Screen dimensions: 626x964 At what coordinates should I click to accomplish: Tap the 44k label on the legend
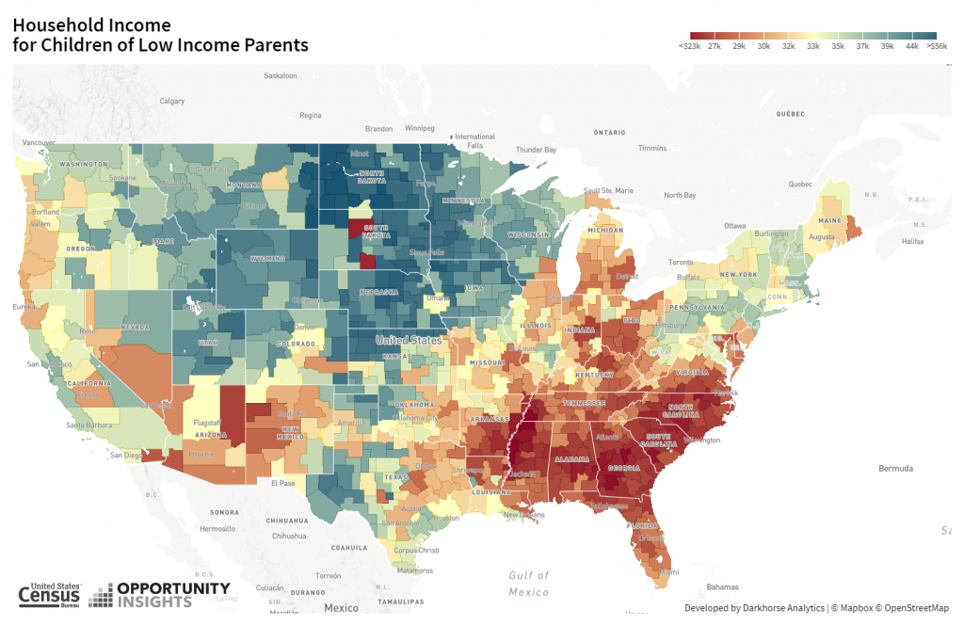tap(911, 45)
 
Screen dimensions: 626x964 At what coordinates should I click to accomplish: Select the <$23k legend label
tap(689, 45)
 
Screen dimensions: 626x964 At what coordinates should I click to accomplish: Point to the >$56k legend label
tap(938, 45)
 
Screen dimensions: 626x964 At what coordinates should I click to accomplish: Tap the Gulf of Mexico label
tap(527, 584)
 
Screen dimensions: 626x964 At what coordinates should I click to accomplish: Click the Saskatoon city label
tap(281, 75)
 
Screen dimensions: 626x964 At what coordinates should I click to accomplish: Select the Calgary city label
tap(172, 101)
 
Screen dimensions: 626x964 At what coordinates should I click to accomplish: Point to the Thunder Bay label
tap(536, 150)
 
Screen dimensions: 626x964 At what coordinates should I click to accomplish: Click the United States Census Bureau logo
tap(49, 593)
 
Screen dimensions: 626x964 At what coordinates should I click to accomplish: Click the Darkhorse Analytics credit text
tap(754, 608)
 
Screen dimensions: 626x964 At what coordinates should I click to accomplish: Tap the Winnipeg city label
tap(420, 127)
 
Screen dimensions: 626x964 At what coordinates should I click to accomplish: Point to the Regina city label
tap(311, 116)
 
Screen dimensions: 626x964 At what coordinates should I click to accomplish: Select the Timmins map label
tap(651, 149)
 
